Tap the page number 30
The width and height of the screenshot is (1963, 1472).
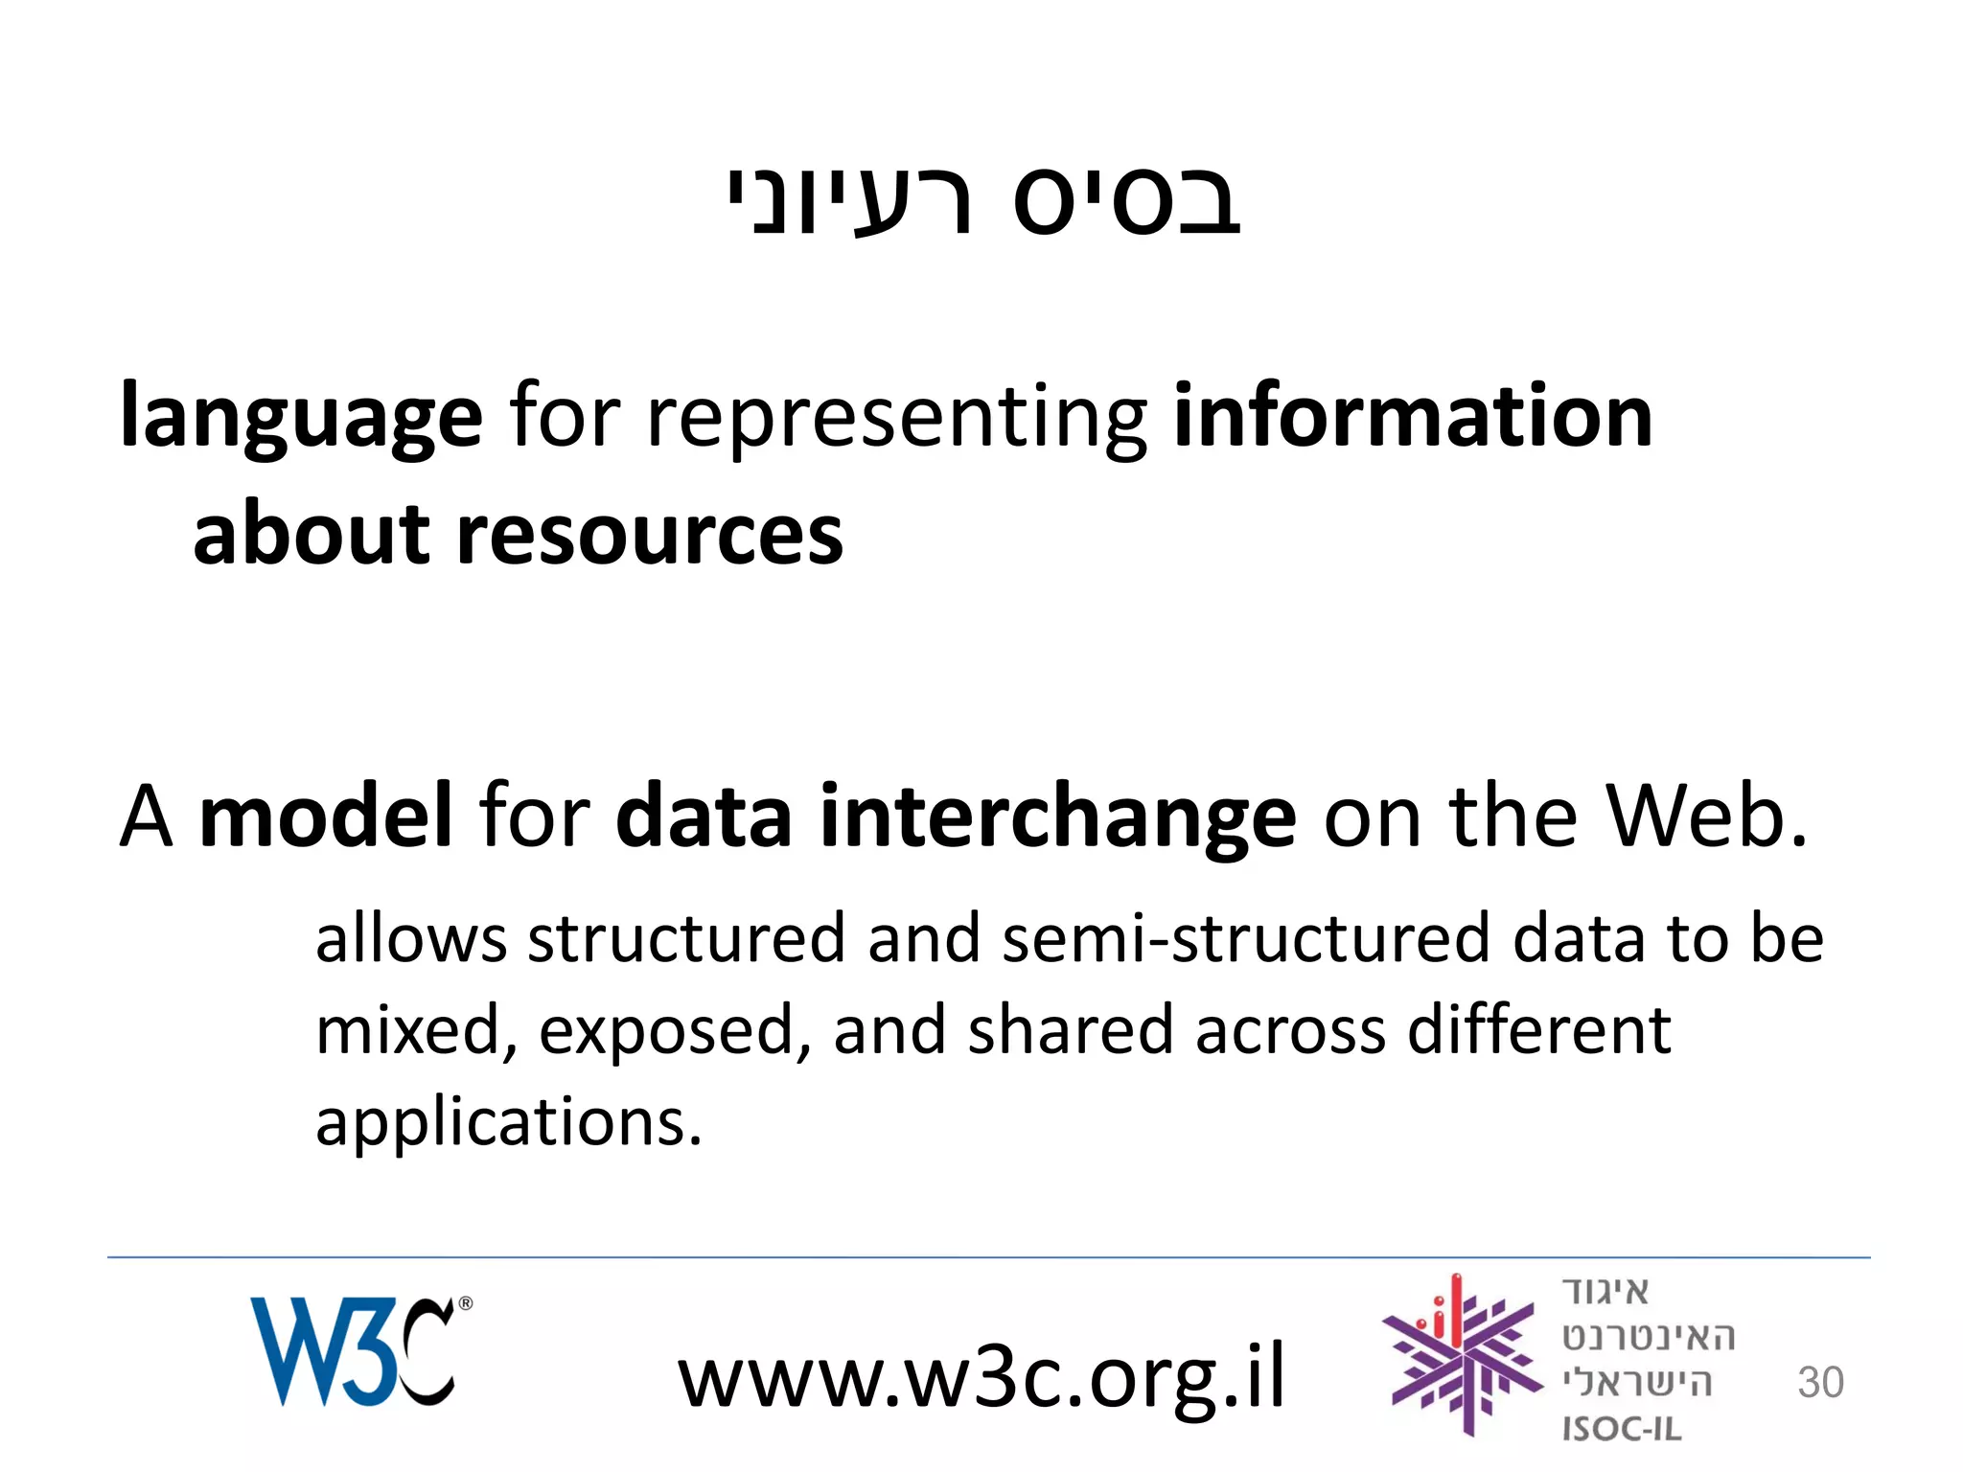(x=1820, y=1383)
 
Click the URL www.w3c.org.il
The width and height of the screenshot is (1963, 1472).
(x=981, y=1376)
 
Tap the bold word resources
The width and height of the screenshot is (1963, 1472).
(x=650, y=535)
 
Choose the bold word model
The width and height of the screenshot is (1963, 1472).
(x=325, y=816)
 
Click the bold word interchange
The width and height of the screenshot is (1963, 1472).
(x=1057, y=817)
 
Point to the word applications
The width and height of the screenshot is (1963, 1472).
(x=509, y=1122)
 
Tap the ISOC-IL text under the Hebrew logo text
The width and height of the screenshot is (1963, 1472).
(x=1622, y=1429)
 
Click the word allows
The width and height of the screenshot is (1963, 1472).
(x=410, y=938)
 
